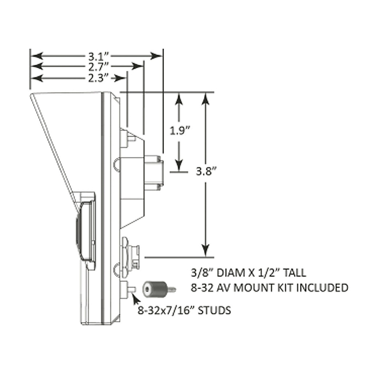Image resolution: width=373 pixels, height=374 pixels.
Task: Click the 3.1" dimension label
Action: tap(99, 57)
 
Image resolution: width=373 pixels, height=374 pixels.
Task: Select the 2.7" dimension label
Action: tap(99, 67)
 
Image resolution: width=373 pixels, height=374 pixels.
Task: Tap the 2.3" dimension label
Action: tap(99, 78)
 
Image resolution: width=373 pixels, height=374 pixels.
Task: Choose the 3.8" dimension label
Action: tap(207, 171)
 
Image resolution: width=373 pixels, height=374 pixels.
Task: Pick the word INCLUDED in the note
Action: tap(322, 288)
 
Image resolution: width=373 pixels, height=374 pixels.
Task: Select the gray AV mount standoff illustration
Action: tap(159, 289)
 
